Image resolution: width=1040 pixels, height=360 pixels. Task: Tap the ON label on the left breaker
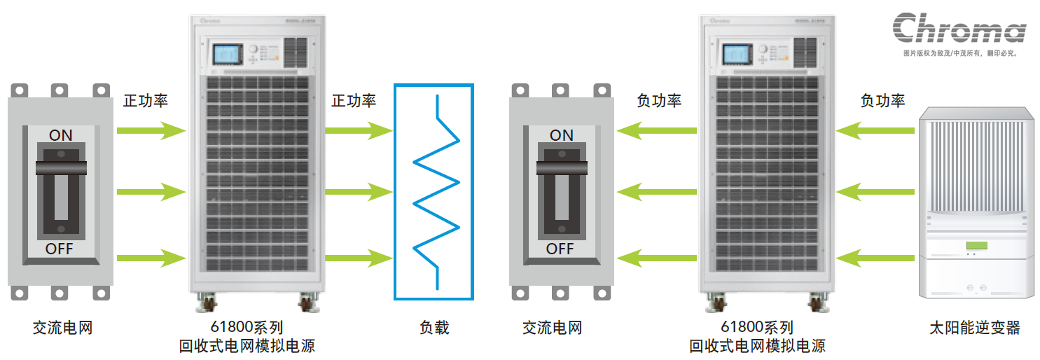pyautogui.click(x=60, y=135)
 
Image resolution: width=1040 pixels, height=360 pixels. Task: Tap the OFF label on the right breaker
pyautogui.click(x=560, y=249)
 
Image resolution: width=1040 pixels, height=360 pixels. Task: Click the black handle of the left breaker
pyautogui.click(x=61, y=167)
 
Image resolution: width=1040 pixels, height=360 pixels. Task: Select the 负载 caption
pyautogui.click(x=434, y=327)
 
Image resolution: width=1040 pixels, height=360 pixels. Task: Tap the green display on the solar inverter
pyautogui.click(x=976, y=245)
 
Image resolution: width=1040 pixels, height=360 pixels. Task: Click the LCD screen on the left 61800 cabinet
pyautogui.click(x=226, y=55)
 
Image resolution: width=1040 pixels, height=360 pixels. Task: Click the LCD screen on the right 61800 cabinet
pyautogui.click(x=735, y=55)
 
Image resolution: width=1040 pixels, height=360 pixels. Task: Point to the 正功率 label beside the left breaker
pyautogui.click(x=146, y=101)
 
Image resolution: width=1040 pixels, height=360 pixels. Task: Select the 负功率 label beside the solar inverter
pyautogui.click(x=882, y=101)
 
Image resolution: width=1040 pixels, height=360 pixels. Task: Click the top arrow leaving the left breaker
pyautogui.click(x=151, y=130)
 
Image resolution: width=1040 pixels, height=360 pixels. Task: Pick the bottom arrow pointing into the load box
pyautogui.click(x=358, y=257)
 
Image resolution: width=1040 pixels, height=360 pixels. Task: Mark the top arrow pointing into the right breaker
pyautogui.click(x=657, y=130)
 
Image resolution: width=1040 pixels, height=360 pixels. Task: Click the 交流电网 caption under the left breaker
pyautogui.click(x=62, y=327)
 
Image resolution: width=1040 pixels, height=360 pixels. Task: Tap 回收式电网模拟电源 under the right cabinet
pyautogui.click(x=757, y=345)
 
